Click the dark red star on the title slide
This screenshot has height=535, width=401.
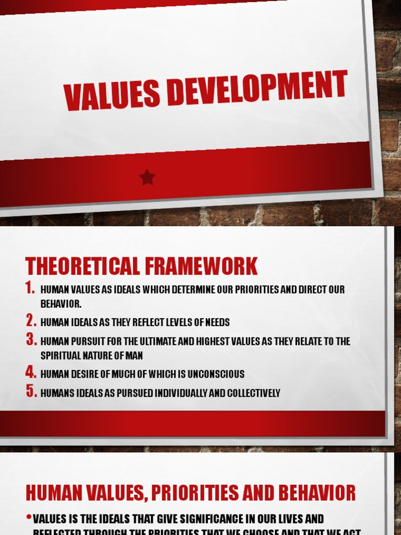(147, 178)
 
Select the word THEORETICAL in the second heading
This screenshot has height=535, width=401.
(81, 266)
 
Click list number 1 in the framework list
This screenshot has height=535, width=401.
(31, 288)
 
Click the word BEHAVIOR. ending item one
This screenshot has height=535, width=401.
(61, 304)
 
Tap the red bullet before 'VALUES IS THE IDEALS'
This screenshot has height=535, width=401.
(29, 518)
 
